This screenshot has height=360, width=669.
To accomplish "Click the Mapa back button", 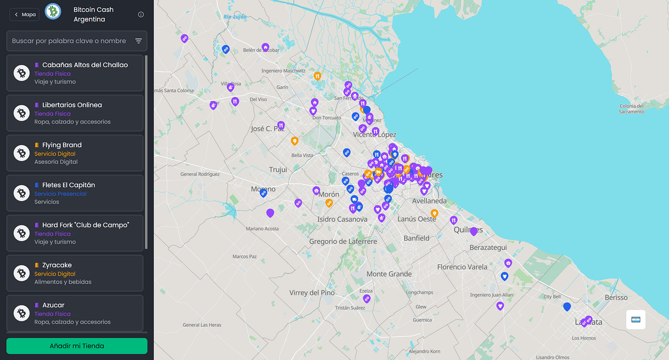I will pyautogui.click(x=24, y=14).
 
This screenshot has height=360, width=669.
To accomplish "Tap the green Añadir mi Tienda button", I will pyautogui.click(x=77, y=346).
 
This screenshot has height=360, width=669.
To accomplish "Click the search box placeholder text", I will pyautogui.click(x=69, y=41).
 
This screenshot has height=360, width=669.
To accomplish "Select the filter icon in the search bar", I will pyautogui.click(x=139, y=41).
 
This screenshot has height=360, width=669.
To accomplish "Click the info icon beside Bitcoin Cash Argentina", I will pyautogui.click(x=141, y=14).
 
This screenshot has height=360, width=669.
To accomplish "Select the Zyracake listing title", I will pyautogui.click(x=57, y=265).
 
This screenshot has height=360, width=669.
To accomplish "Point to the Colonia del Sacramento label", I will pyautogui.click(x=631, y=109).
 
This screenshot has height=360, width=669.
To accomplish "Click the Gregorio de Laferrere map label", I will pyautogui.click(x=343, y=242).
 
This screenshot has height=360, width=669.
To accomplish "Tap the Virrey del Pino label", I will pyautogui.click(x=312, y=292).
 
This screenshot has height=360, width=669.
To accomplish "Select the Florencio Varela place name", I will pyautogui.click(x=462, y=267).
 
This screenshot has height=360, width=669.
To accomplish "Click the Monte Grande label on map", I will pyautogui.click(x=389, y=274).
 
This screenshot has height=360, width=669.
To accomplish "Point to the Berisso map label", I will pyautogui.click(x=616, y=297).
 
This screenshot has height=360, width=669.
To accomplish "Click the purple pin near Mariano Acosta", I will pyautogui.click(x=270, y=213).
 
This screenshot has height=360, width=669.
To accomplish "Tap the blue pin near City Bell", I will pyautogui.click(x=567, y=306).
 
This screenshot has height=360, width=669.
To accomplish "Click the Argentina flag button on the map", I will pyautogui.click(x=635, y=320).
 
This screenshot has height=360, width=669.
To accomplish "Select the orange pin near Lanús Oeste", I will pyautogui.click(x=434, y=213).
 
